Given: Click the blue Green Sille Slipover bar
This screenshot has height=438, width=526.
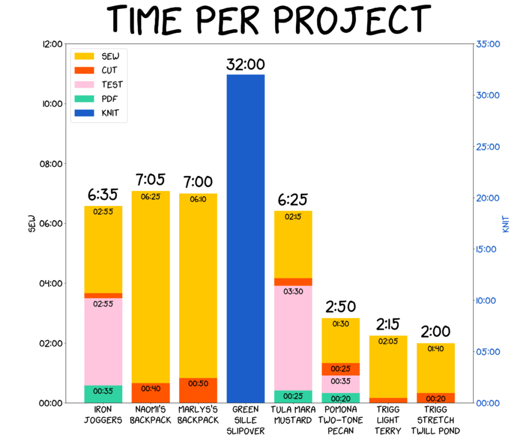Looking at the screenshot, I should [246, 239].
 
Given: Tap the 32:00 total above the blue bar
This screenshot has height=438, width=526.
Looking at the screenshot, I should [246, 65].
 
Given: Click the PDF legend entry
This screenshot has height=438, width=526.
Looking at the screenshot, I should [108, 99].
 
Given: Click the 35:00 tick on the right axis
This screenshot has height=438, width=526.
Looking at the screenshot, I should [488, 44].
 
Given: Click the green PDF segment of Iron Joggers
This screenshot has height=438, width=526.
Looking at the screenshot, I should [103, 394].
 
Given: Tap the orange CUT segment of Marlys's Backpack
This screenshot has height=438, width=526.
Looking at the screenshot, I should [198, 390].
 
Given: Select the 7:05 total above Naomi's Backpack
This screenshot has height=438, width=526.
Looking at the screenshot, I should [151, 180].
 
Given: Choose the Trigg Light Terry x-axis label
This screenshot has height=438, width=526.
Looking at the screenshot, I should [388, 420].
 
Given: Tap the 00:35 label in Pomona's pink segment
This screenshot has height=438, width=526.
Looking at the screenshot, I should [340, 382].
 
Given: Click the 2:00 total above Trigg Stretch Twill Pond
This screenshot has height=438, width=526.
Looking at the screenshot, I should [436, 332].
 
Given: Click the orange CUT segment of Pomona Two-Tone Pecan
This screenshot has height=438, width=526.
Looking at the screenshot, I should [340, 369].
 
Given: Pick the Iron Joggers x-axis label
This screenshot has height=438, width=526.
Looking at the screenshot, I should [103, 415].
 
